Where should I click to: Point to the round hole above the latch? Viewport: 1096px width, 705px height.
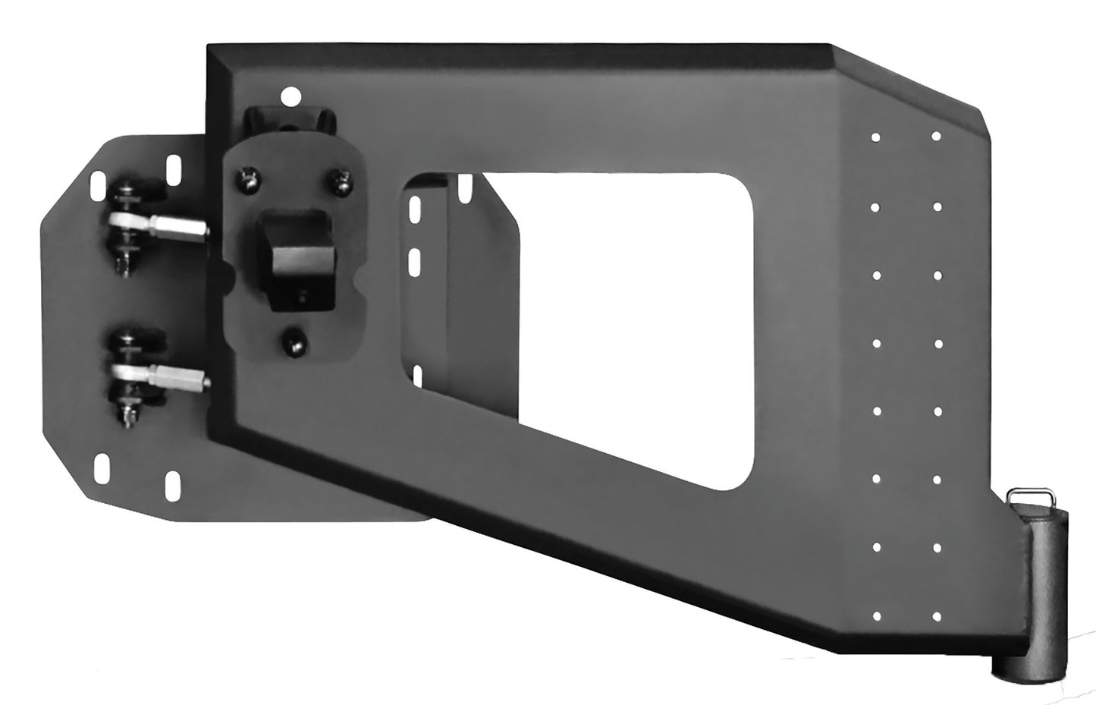pyautogui.click(x=288, y=96)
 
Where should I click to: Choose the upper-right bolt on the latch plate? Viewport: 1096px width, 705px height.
pyautogui.click(x=338, y=181)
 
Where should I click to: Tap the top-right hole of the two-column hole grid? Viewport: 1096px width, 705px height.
pyautogui.click(x=937, y=137)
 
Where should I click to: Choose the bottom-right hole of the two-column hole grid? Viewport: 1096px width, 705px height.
pyautogui.click(x=937, y=615)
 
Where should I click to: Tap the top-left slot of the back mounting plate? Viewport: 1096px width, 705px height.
pyautogui.click(x=96, y=181)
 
